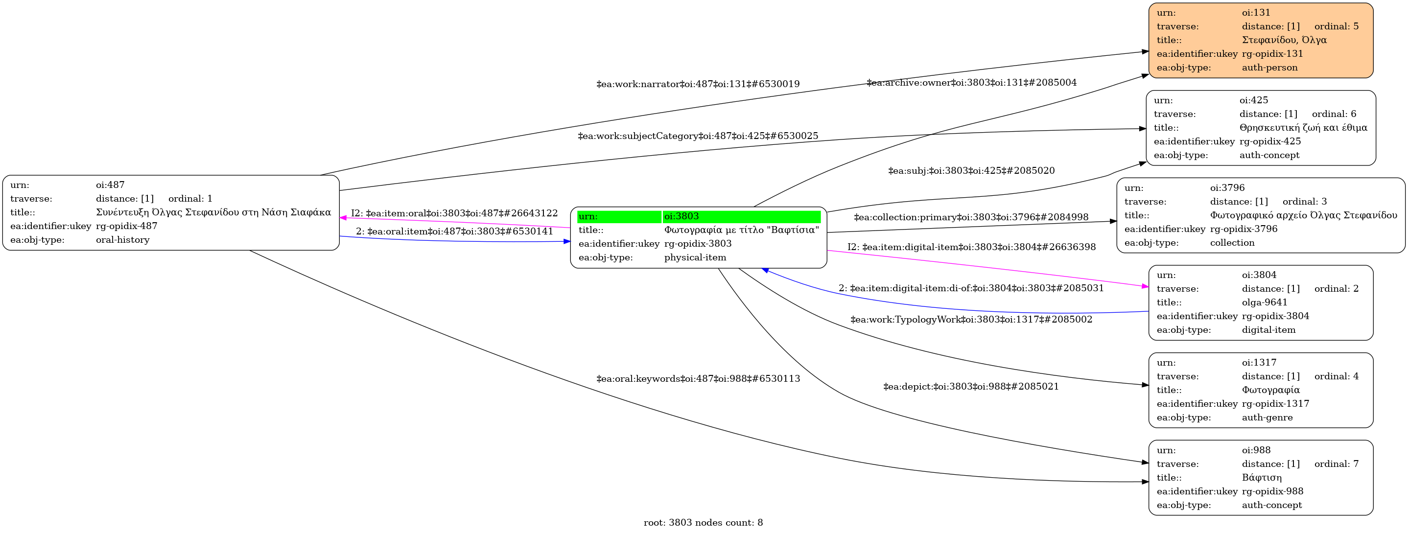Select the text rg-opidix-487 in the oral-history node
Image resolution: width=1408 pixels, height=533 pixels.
[126, 226]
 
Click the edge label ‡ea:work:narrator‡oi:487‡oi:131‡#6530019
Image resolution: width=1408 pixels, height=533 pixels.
[698, 84]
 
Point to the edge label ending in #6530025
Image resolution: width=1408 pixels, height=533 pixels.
[698, 136]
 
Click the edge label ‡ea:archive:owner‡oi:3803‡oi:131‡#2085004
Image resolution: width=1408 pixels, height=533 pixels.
[971, 83]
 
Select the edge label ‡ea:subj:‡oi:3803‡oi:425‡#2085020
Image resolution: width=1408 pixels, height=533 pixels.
[971, 170]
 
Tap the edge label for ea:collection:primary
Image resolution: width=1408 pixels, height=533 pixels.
[971, 217]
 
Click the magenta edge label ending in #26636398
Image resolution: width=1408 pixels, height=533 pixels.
[971, 247]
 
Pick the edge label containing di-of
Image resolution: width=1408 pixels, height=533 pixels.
[971, 288]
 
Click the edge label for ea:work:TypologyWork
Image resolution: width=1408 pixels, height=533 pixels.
[971, 319]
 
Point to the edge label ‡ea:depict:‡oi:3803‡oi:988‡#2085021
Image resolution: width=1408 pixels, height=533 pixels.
[971, 387]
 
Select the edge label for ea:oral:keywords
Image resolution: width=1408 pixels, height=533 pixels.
[698, 378]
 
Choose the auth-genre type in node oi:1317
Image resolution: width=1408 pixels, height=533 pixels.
[1267, 417]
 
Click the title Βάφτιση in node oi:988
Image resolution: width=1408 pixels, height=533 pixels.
[1262, 477]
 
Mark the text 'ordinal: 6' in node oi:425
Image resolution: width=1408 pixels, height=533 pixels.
[1334, 114]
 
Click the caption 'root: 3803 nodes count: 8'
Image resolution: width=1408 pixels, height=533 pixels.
[703, 523]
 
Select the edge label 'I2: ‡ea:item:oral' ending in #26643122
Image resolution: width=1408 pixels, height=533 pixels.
[454, 213]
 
